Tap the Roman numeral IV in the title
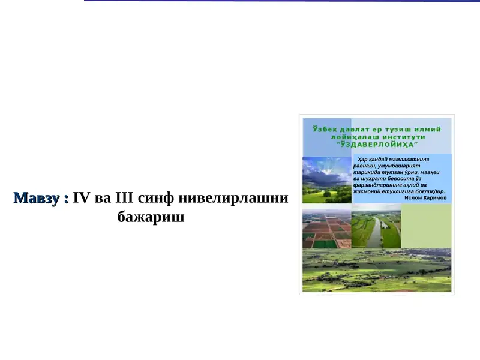pos(80,198)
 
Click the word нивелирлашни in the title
pos(234,198)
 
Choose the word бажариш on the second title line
pos(151,217)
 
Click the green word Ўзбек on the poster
pos(326,129)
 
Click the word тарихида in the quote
pos(367,172)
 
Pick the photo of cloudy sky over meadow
pos(326,180)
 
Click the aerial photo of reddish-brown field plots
pos(326,230)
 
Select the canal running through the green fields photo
pos(376,230)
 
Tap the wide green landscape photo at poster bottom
pos(377,271)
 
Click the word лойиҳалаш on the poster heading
pos(353,137)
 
